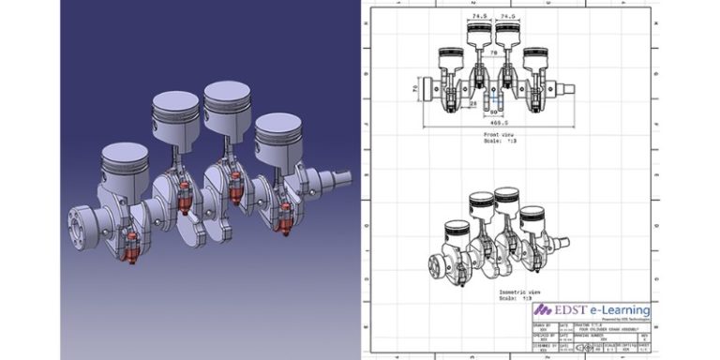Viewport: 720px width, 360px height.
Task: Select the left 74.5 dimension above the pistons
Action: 479,16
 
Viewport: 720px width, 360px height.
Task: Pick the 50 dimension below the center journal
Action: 493,112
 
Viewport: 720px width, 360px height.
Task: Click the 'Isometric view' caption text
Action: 493,293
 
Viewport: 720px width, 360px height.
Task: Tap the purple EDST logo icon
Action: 542,309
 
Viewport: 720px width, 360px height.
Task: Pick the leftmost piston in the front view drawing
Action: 448,63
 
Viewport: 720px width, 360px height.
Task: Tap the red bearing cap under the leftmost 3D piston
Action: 131,247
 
